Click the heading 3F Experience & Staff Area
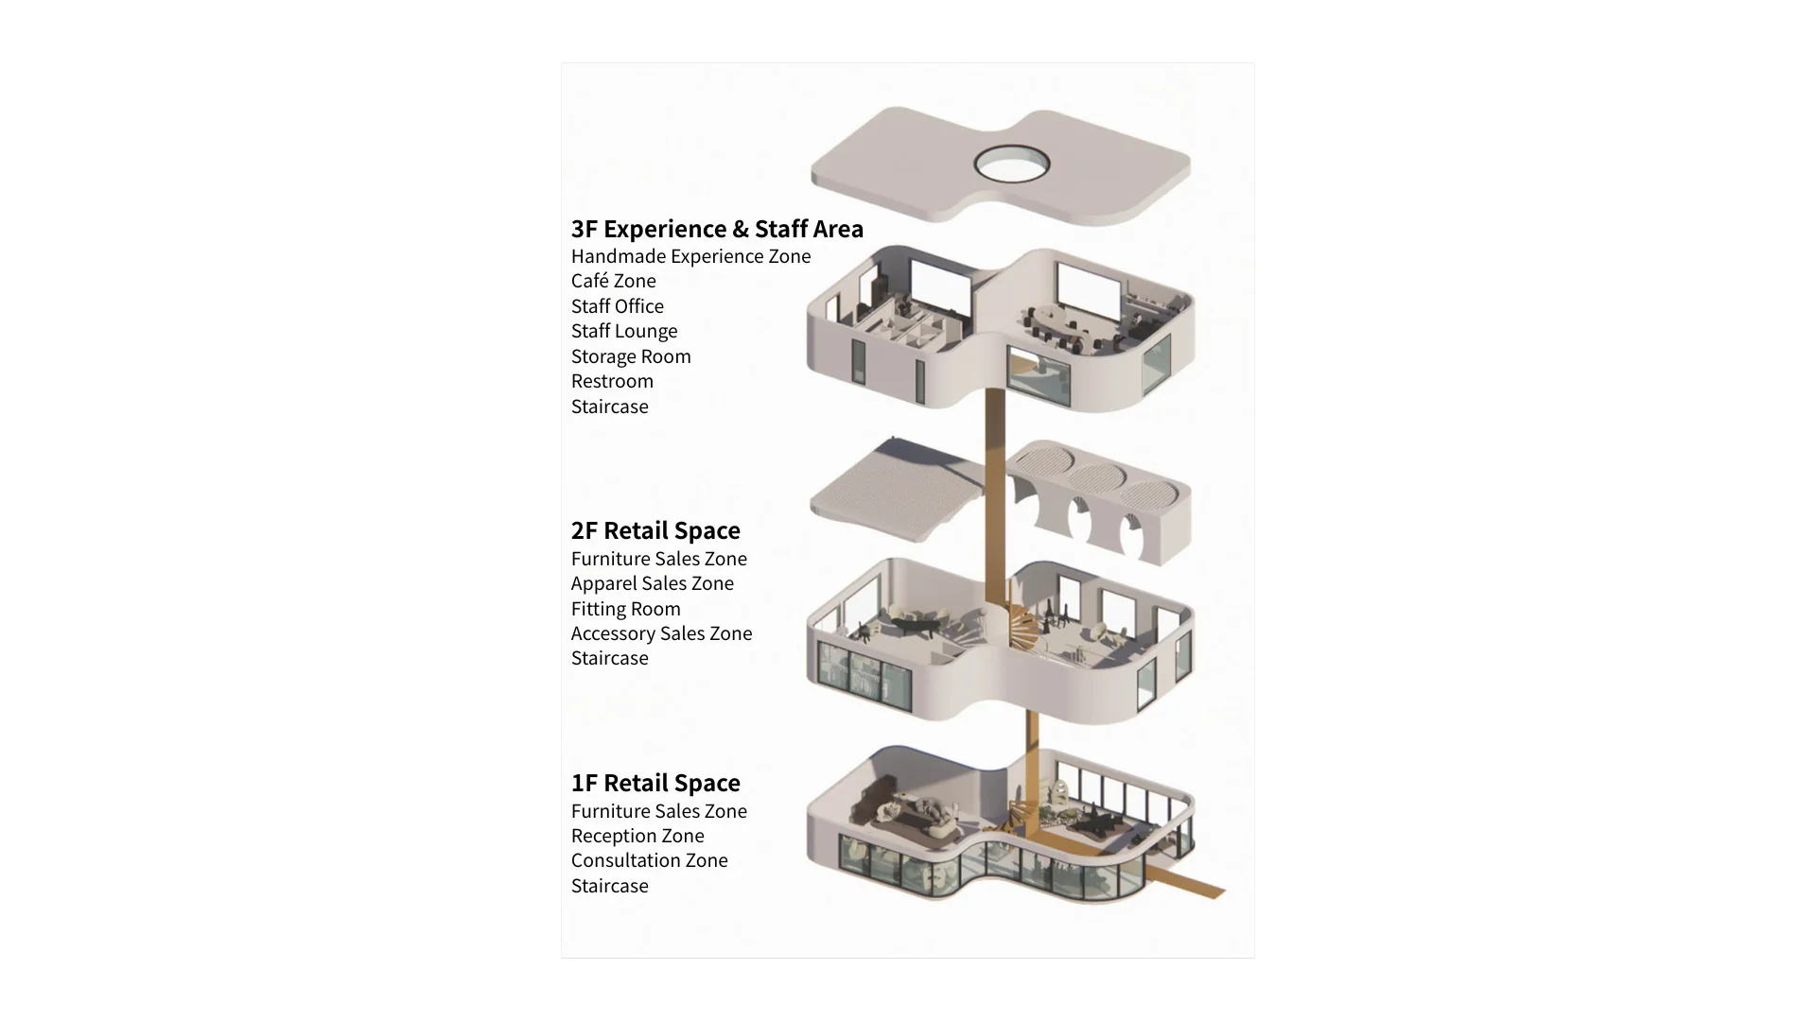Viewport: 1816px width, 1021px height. point(717,229)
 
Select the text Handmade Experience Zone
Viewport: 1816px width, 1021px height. point(690,256)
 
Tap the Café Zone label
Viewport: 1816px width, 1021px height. point(613,281)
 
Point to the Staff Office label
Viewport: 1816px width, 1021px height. point(617,306)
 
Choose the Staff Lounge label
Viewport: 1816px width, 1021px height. point(624,331)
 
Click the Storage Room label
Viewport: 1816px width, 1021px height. point(631,356)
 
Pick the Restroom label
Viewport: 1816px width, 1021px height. point(612,381)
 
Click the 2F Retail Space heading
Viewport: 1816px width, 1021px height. point(655,530)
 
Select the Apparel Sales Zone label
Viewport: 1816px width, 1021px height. point(652,583)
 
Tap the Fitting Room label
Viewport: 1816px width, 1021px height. point(625,609)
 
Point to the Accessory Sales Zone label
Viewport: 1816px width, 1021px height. point(661,633)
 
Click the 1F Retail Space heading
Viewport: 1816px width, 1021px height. point(655,783)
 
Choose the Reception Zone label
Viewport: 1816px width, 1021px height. point(637,836)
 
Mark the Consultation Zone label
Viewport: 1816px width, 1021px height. point(649,860)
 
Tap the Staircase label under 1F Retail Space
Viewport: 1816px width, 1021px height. point(609,886)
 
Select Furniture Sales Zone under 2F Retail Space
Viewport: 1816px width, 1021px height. point(658,559)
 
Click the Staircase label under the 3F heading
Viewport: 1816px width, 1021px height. point(609,407)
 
